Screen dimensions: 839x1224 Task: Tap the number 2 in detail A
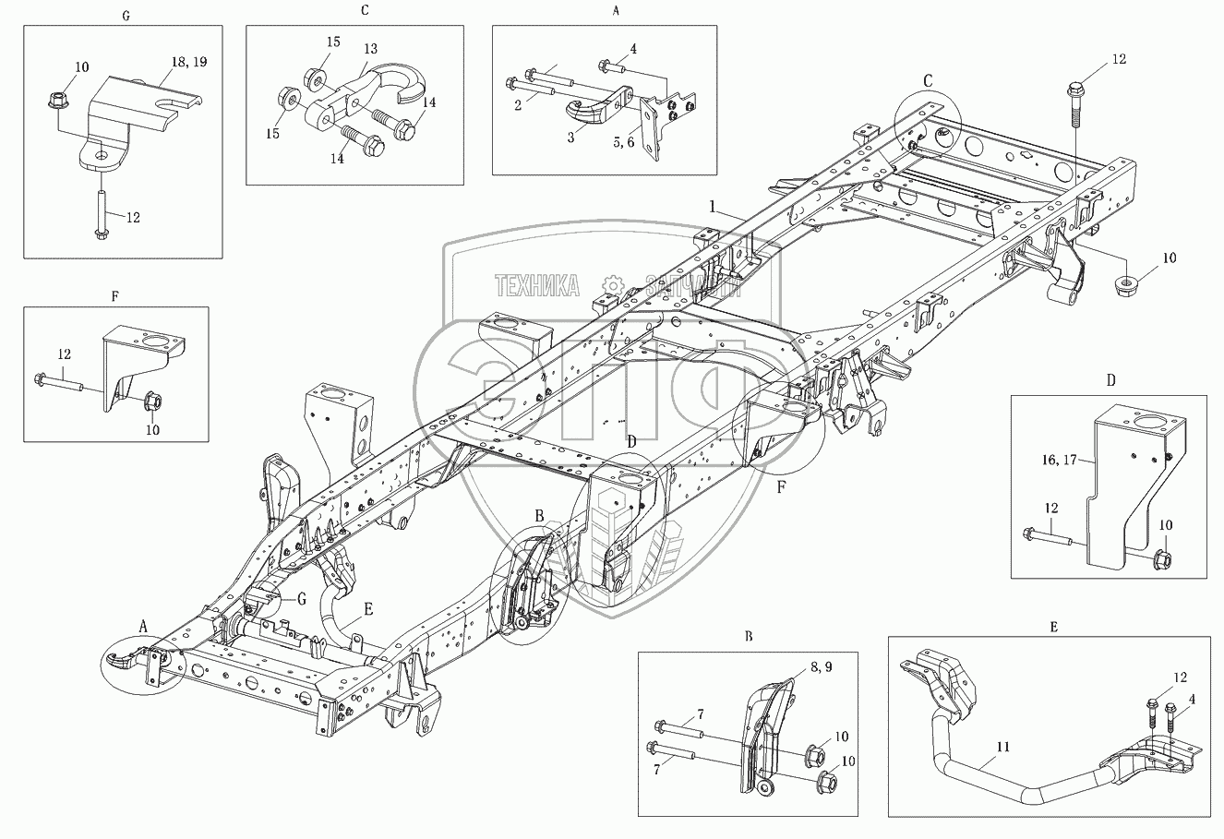[519, 104]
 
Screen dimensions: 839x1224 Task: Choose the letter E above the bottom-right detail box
[1053, 627]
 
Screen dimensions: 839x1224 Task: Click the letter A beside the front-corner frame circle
[143, 626]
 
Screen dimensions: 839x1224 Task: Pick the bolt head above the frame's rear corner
[1075, 92]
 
